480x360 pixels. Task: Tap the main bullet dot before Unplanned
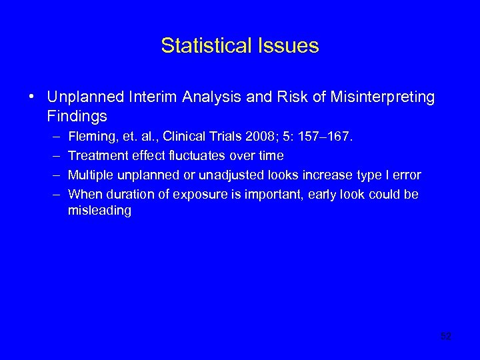point(32,98)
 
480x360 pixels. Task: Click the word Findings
point(77,117)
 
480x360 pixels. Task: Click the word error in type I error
point(407,175)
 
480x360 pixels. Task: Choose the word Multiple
point(90,175)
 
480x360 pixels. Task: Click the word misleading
point(99,211)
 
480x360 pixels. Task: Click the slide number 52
point(446,337)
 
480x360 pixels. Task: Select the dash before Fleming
point(53,137)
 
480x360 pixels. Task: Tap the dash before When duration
point(53,195)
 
